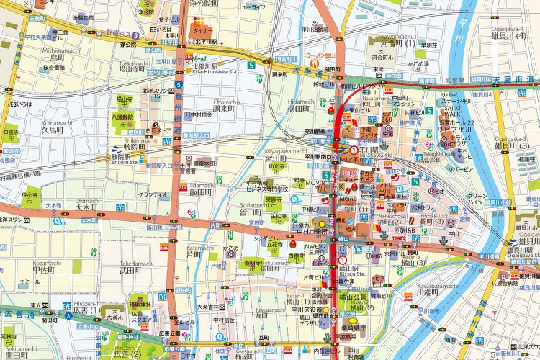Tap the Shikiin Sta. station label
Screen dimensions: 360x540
(124, 162)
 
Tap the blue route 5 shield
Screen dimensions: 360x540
(177, 84)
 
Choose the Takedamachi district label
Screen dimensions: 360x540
(133, 263)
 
